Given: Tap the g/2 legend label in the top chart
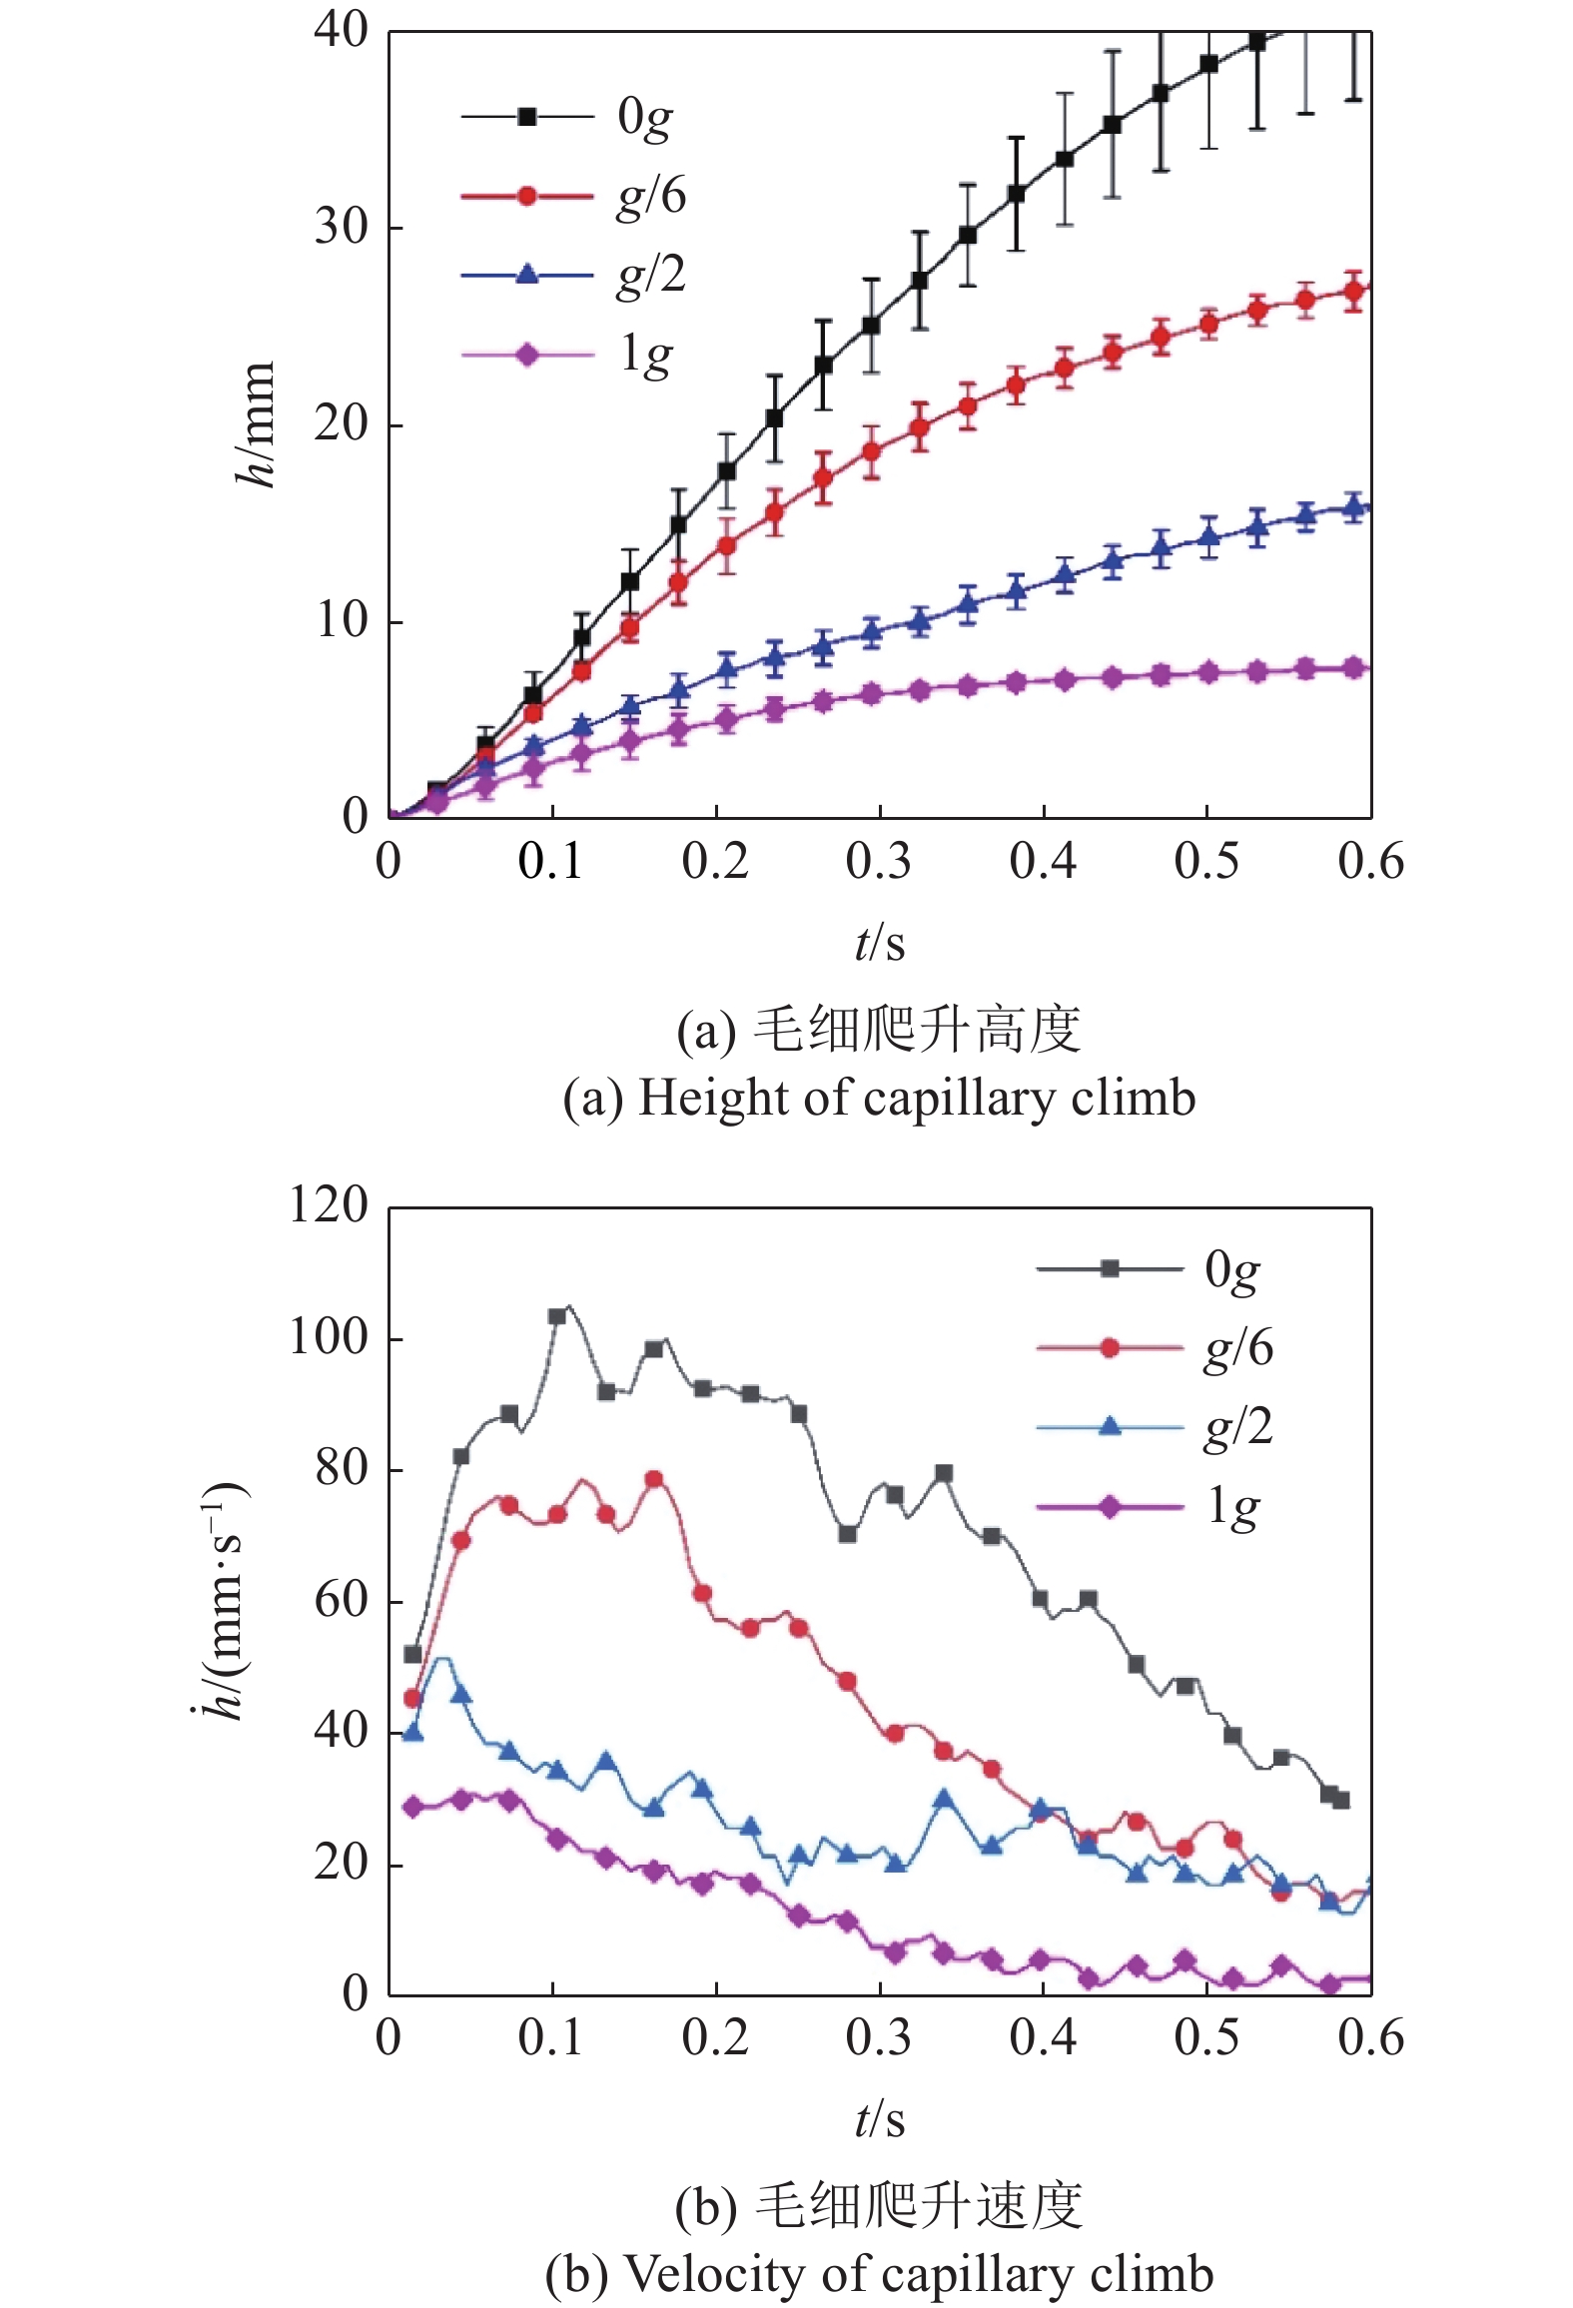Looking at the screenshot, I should [651, 275].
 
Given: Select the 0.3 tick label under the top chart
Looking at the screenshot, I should [878, 862].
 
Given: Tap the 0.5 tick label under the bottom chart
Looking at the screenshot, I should [1205, 2038].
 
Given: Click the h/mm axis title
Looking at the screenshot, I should [256, 424].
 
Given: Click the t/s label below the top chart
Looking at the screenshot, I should [879, 943].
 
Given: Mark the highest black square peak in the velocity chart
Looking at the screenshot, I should [557, 1316].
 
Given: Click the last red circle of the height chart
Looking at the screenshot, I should [1354, 292].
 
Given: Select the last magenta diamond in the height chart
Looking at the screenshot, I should [1354, 668].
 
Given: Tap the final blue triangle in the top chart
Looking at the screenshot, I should [1354, 508].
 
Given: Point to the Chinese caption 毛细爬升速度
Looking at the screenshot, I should [917, 2206].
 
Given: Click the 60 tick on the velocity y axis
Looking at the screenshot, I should [342, 1601].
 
